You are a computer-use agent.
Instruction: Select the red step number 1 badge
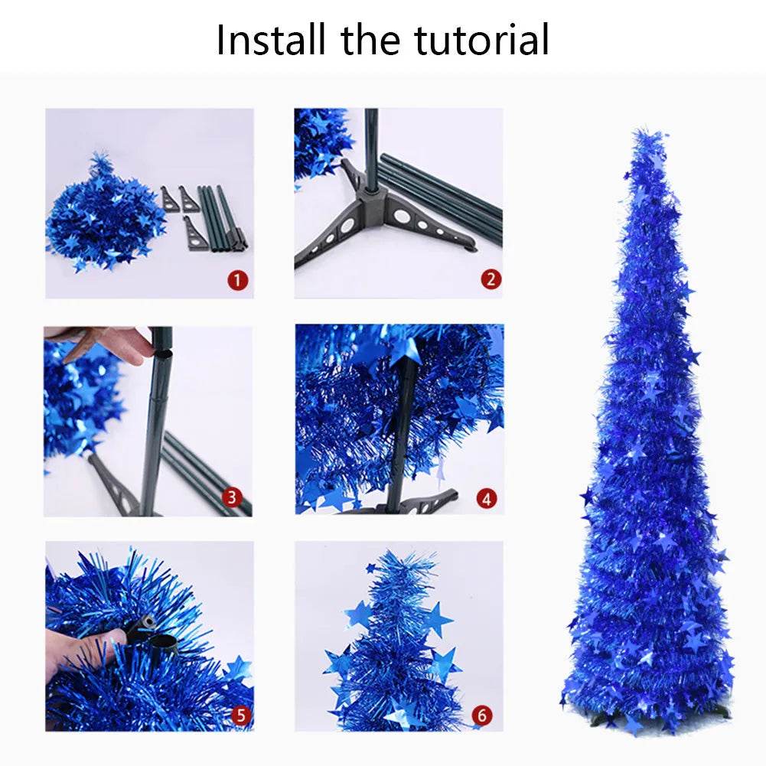point(239,280)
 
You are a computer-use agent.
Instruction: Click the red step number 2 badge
point(491,280)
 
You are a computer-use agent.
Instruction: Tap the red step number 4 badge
point(485,499)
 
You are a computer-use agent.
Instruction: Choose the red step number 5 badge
point(240,715)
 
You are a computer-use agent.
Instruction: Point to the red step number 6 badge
point(481,715)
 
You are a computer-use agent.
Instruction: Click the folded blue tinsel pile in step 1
point(103,218)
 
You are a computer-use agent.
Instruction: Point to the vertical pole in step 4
point(403,429)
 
